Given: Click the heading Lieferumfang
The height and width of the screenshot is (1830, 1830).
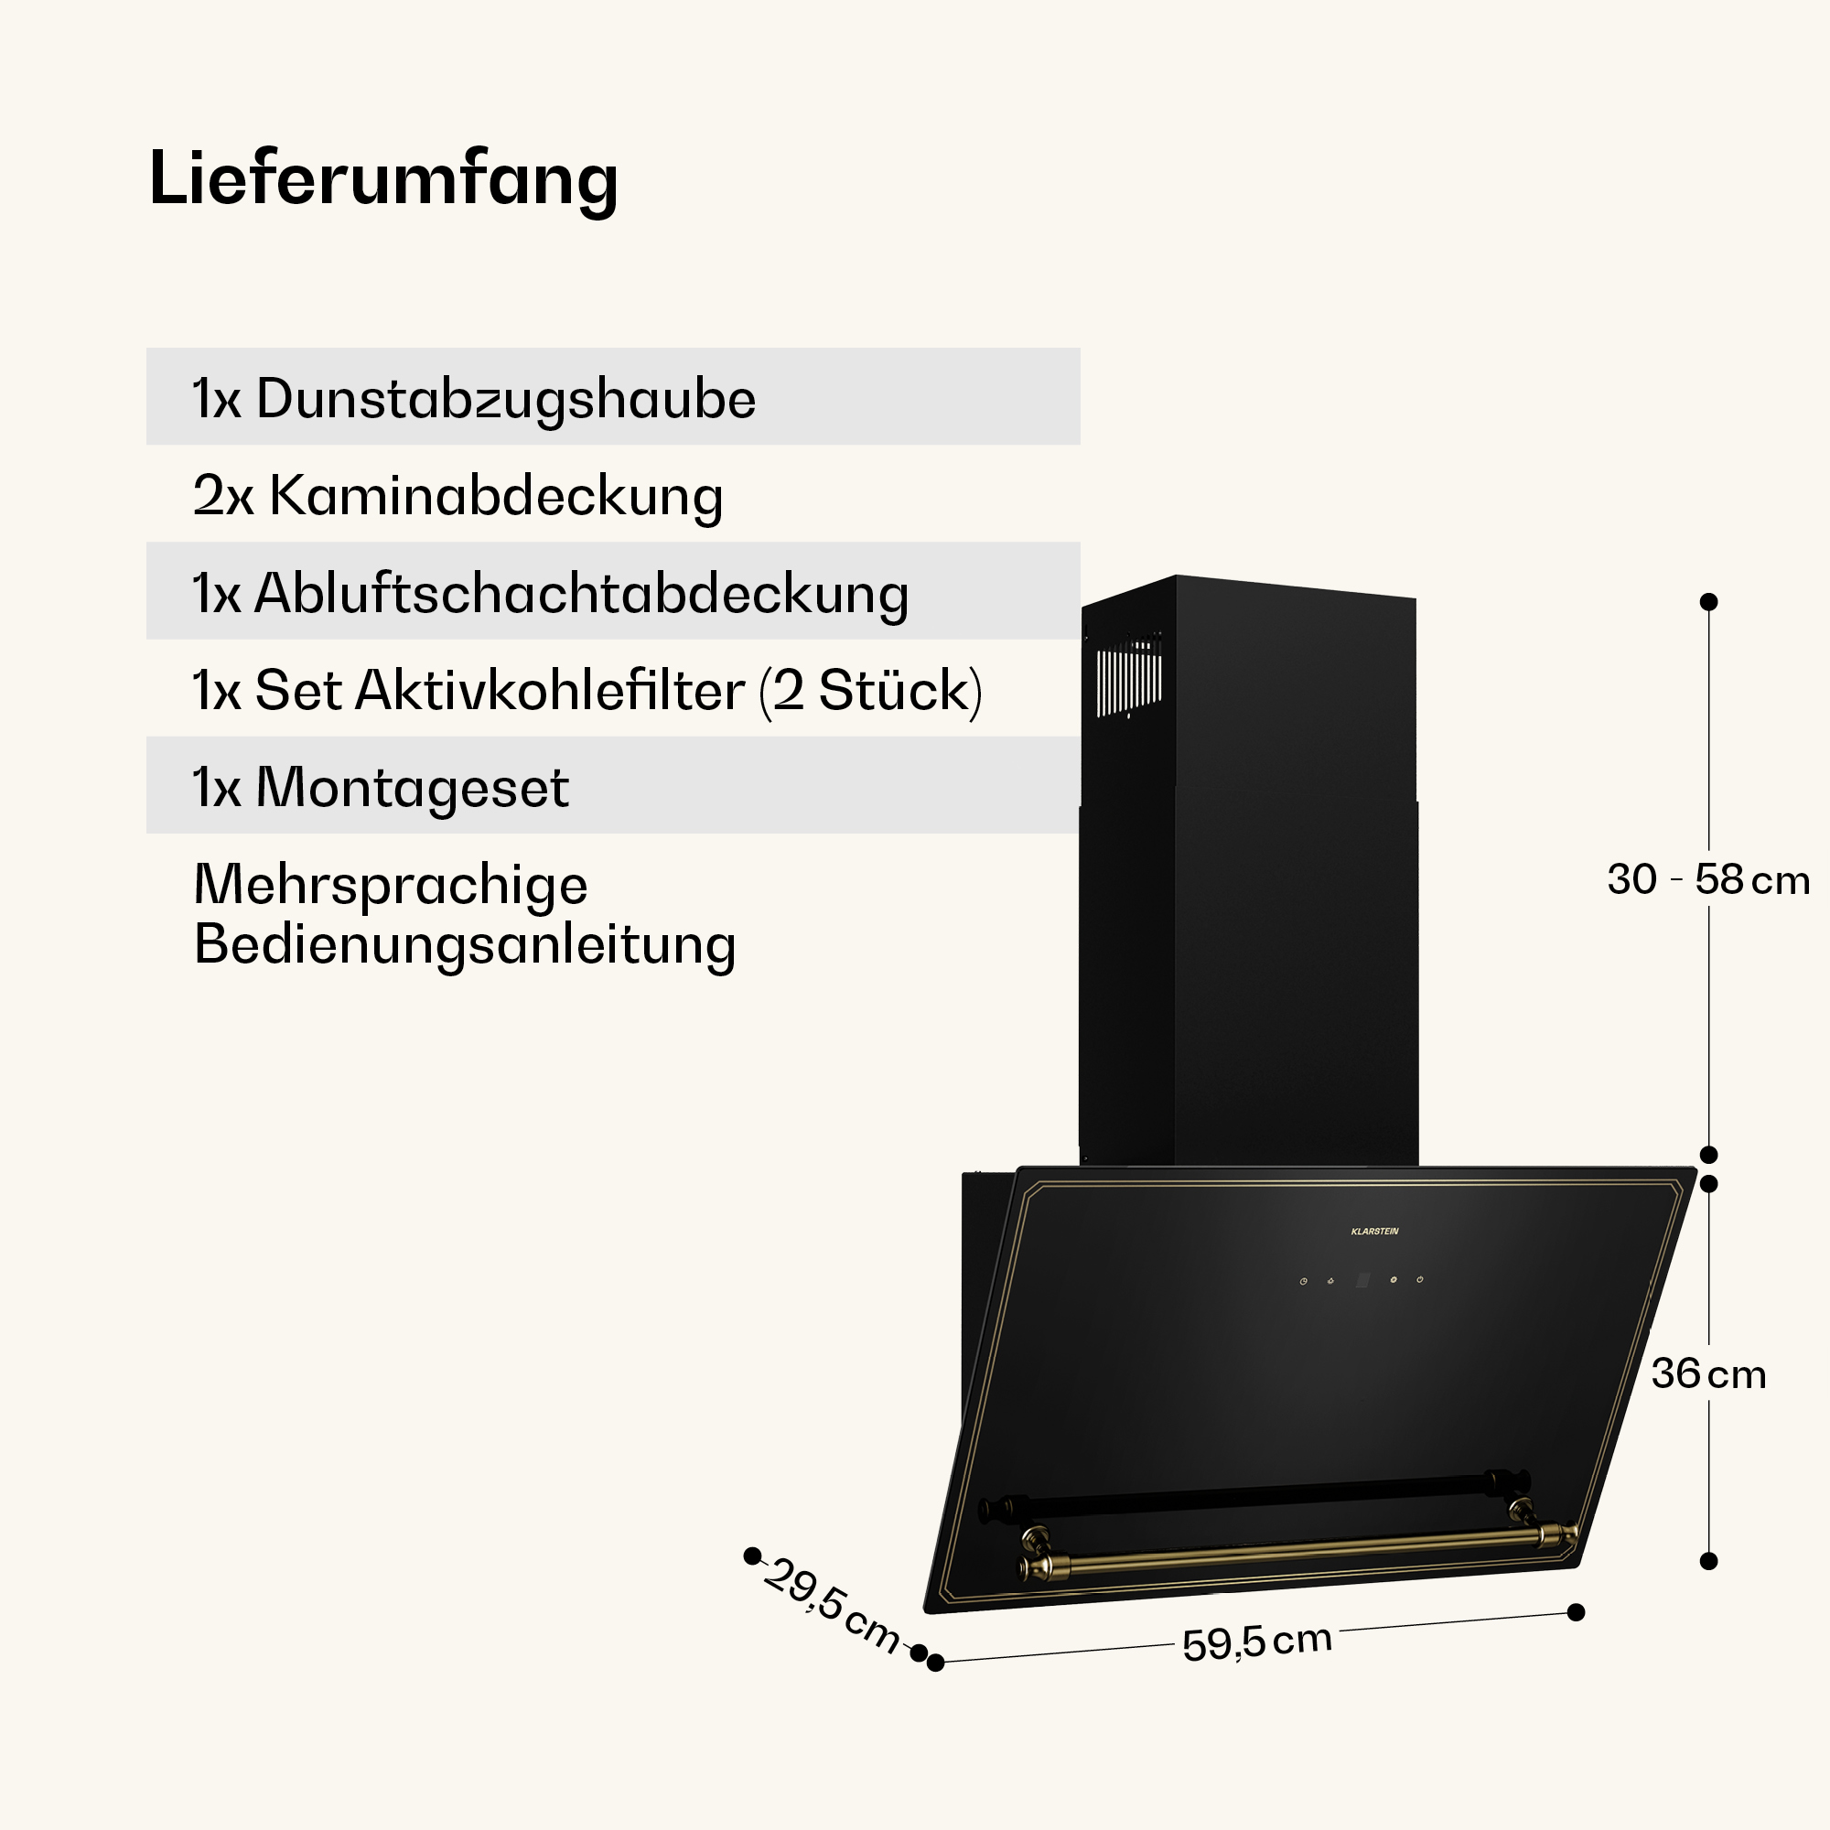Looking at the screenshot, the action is point(383,180).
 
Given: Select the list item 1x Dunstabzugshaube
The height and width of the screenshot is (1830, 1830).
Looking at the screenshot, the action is point(474,399).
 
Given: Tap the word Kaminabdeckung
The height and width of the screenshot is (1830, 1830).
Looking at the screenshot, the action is point(496,496).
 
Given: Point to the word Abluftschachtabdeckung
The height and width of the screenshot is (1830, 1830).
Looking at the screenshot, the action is point(582,595).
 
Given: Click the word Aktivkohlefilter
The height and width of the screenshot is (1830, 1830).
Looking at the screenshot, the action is point(549,691).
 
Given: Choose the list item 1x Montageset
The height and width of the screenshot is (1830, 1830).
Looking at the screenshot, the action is point(381,788).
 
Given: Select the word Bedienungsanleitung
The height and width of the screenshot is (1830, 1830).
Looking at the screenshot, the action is point(465,945).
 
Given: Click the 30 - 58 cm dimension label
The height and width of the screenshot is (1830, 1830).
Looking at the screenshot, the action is point(1707,880).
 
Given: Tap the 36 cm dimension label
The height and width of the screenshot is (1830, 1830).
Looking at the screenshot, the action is point(1708,1374).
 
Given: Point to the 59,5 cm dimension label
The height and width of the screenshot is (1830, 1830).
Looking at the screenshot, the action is point(1257,1643).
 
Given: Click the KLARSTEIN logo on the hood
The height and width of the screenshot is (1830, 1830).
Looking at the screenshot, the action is point(1374,1232).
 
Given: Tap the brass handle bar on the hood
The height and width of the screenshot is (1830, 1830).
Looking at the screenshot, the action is point(1297,1550).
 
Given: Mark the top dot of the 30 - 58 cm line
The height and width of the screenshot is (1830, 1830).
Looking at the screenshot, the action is point(1708,601).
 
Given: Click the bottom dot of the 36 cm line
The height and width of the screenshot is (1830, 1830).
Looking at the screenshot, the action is point(1708,1561).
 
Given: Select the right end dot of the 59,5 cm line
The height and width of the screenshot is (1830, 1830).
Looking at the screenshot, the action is point(1577,1612).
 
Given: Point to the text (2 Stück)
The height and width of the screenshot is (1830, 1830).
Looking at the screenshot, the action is point(870,691).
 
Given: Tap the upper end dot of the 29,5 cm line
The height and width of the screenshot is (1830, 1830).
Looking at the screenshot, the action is point(753,1555).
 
